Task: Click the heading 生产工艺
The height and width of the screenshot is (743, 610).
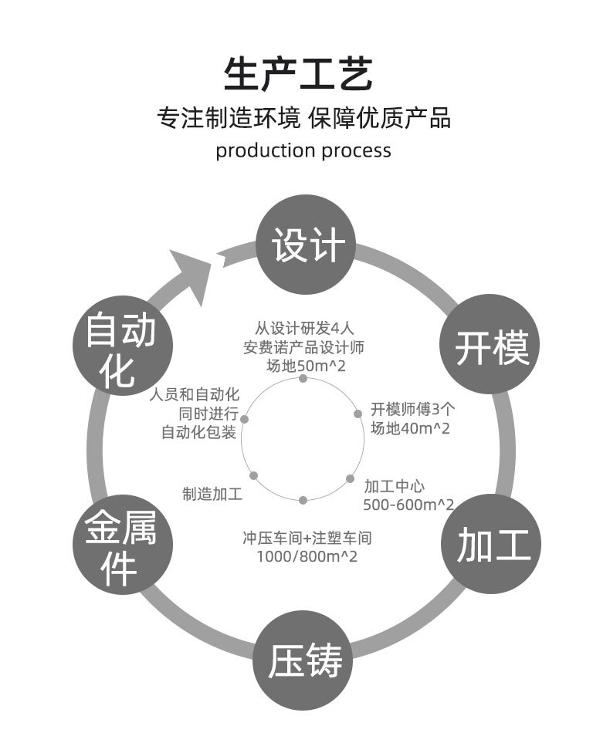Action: (298, 75)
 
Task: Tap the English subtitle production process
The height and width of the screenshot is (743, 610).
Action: (303, 150)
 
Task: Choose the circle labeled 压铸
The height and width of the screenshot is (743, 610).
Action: (304, 660)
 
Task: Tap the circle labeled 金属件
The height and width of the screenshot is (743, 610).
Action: (120, 545)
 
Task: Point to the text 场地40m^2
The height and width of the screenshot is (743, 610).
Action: (409, 427)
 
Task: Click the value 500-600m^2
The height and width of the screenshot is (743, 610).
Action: (408, 505)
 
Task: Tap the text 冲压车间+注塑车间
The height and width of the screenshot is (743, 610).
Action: (307, 537)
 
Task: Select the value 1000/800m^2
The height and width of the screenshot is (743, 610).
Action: (307, 556)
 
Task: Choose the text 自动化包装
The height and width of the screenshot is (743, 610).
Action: (198, 432)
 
